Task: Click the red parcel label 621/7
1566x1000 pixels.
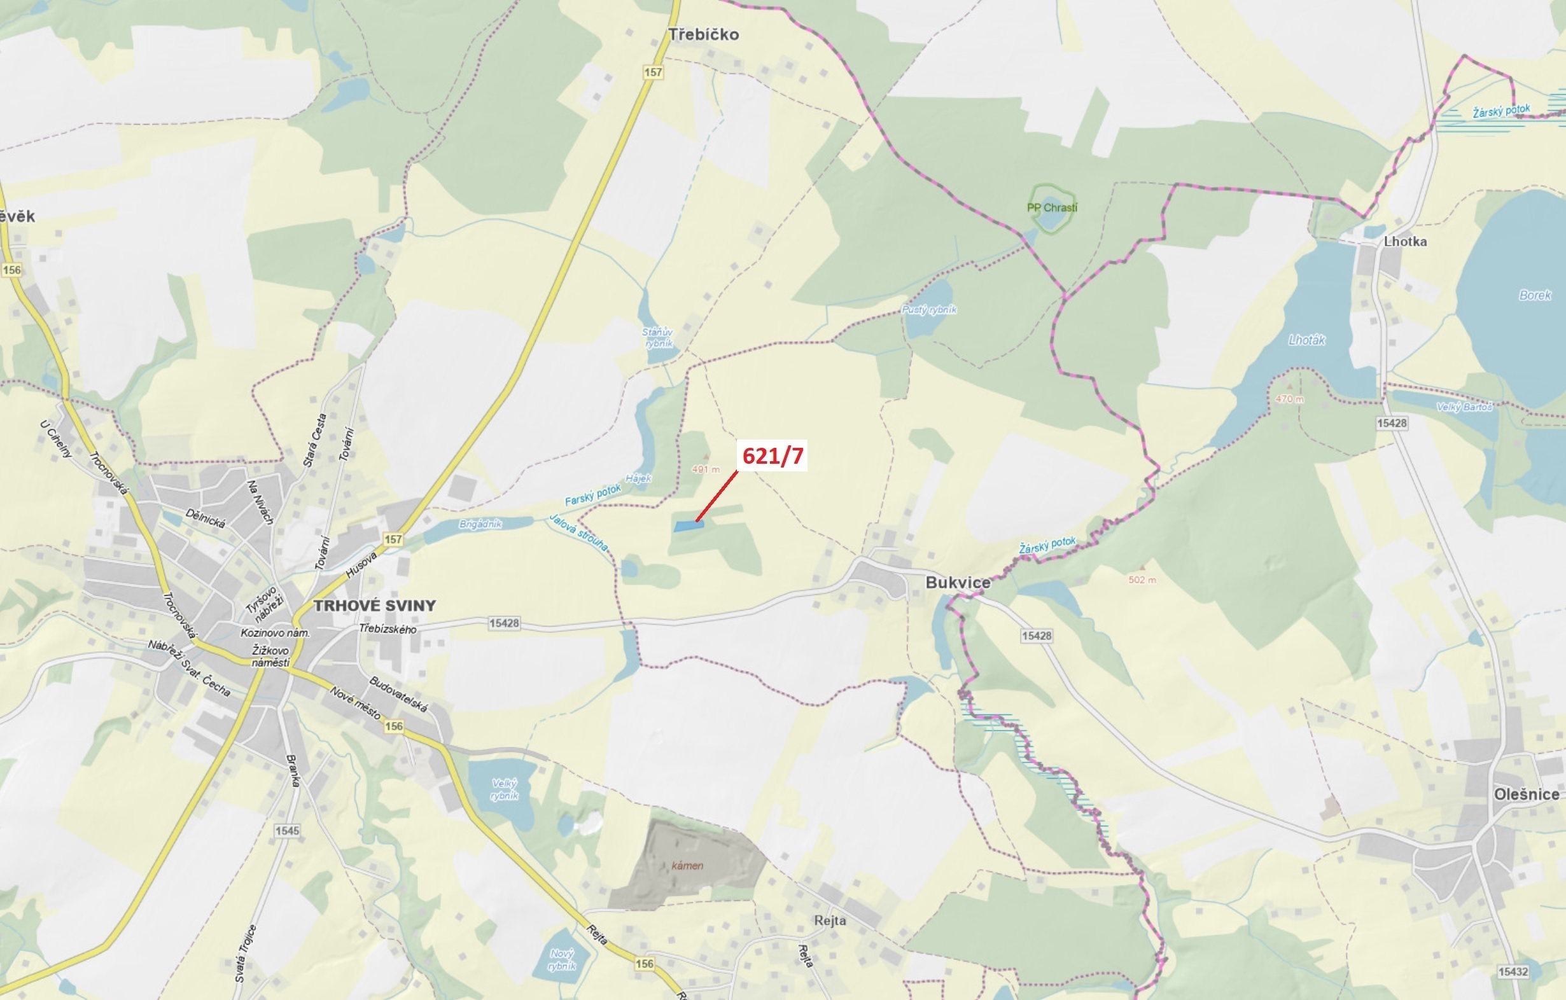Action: click(773, 455)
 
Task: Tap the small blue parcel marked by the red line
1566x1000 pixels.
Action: click(688, 525)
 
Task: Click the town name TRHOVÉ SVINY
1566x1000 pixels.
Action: click(375, 606)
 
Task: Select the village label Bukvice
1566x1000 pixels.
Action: click(957, 582)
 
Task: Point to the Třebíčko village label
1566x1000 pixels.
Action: click(704, 34)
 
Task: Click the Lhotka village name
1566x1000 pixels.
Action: click(1405, 241)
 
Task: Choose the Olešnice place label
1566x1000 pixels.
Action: click(1526, 794)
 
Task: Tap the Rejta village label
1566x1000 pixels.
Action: click(830, 920)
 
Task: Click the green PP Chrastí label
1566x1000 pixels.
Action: click(1052, 207)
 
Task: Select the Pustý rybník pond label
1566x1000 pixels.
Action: click(928, 310)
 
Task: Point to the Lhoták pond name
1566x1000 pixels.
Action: click(1306, 340)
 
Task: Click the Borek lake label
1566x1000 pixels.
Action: click(1535, 295)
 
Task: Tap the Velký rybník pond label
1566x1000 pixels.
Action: click(505, 789)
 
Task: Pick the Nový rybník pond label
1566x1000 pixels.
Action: click(562, 959)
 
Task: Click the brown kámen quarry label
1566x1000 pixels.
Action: click(687, 865)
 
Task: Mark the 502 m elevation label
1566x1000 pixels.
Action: click(1142, 580)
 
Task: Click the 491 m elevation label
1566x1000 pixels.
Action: click(706, 469)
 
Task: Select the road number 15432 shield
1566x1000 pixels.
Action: click(1513, 971)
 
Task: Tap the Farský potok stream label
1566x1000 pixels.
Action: click(592, 495)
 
